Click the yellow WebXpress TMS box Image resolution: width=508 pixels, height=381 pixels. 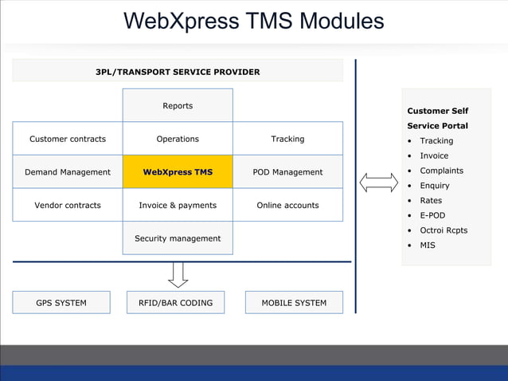tap(178, 171)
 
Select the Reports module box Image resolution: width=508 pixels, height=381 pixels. tap(178, 105)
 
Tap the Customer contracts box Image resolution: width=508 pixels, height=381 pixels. tap(68, 139)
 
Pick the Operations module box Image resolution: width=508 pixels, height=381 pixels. tap(178, 139)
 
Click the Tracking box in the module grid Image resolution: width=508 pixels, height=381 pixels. tap(287, 139)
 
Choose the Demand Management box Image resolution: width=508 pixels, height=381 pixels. tap(68, 171)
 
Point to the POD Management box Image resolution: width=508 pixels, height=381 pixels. tap(287, 171)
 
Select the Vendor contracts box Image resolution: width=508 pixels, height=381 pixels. tap(68, 205)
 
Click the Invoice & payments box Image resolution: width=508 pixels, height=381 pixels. tap(178, 205)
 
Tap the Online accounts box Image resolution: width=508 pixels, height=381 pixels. tap(287, 205)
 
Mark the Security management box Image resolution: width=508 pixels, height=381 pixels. tap(178, 238)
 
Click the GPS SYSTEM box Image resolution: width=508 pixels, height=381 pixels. tap(61, 303)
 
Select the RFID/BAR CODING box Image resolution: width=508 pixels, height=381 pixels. tap(175, 303)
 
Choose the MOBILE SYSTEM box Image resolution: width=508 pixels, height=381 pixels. tap(294, 303)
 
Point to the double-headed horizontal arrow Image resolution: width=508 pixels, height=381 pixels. tap(378, 183)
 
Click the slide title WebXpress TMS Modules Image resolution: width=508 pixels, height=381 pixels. tap(254, 21)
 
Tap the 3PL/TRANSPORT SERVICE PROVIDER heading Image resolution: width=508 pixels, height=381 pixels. tap(178, 72)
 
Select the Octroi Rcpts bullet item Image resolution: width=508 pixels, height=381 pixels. tap(444, 230)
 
